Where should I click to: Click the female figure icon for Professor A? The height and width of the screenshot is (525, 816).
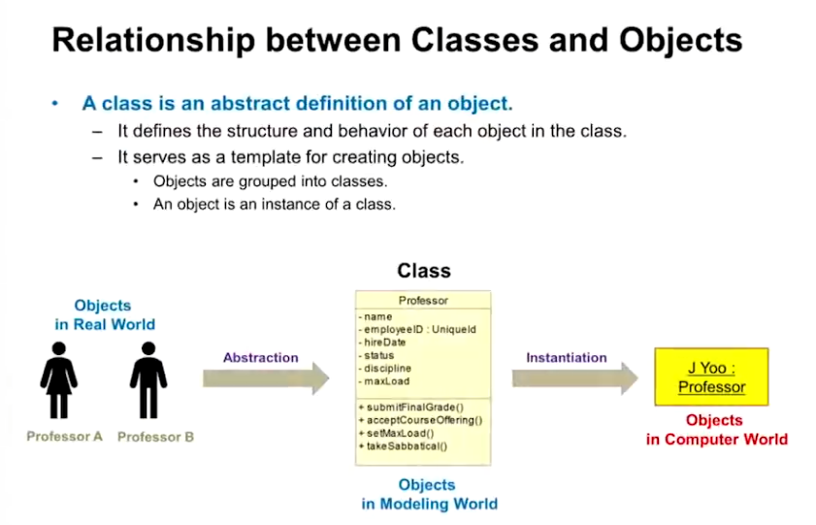[x=59, y=379]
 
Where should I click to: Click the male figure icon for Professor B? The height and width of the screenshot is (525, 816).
[x=148, y=379]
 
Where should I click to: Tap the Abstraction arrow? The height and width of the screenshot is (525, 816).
[x=266, y=378]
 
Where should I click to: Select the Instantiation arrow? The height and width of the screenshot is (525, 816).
[x=575, y=378]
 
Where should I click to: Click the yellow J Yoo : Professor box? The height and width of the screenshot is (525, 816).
[x=711, y=377]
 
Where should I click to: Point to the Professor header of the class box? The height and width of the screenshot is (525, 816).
[x=423, y=300]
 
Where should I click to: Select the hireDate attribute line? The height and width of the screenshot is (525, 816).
[x=382, y=343]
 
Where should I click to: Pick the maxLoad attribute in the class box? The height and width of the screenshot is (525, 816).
[x=384, y=381]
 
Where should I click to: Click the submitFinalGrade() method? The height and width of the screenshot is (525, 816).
[x=411, y=407]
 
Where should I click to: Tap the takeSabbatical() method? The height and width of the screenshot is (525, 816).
[x=403, y=446]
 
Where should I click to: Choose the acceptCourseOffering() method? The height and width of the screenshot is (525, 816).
[x=420, y=420]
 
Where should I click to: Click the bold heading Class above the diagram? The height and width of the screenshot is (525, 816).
[x=424, y=271]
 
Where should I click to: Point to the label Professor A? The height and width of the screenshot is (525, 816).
[x=65, y=437]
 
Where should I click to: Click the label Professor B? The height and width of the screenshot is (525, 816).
[x=155, y=437]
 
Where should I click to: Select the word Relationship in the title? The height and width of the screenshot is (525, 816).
[x=153, y=41]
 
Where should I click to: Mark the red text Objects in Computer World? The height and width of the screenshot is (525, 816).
[x=717, y=430]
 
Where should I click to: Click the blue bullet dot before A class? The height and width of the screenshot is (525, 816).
[x=55, y=104]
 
